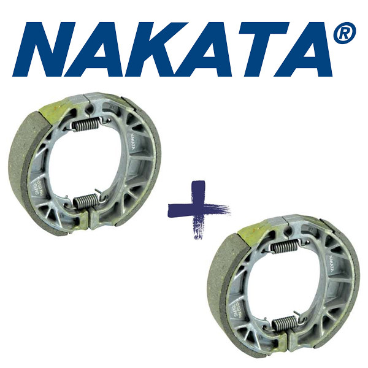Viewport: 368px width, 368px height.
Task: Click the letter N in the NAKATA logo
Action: tap(49, 49)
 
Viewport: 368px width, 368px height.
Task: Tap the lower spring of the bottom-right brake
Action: tap(283, 323)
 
